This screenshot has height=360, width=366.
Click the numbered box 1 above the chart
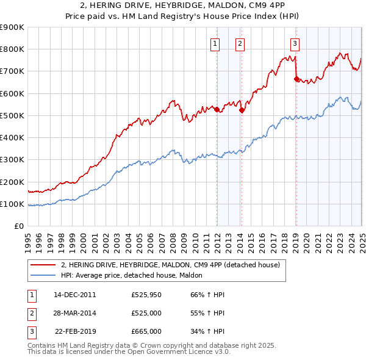(216, 43)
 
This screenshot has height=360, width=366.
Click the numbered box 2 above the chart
(240, 43)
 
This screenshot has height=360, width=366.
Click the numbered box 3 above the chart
(295, 43)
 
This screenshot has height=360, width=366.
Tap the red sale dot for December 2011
(217, 109)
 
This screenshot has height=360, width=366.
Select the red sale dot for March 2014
(242, 110)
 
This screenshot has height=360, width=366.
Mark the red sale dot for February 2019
(296, 79)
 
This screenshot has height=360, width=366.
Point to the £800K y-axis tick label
(12, 49)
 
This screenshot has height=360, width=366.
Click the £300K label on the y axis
(12, 159)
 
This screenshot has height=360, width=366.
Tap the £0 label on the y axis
(18, 226)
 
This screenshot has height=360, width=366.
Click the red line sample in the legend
(42, 265)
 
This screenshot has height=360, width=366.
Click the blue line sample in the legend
(42, 275)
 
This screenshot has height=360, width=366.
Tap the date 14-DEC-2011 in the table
(75, 295)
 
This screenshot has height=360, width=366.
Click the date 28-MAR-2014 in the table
(75, 313)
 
